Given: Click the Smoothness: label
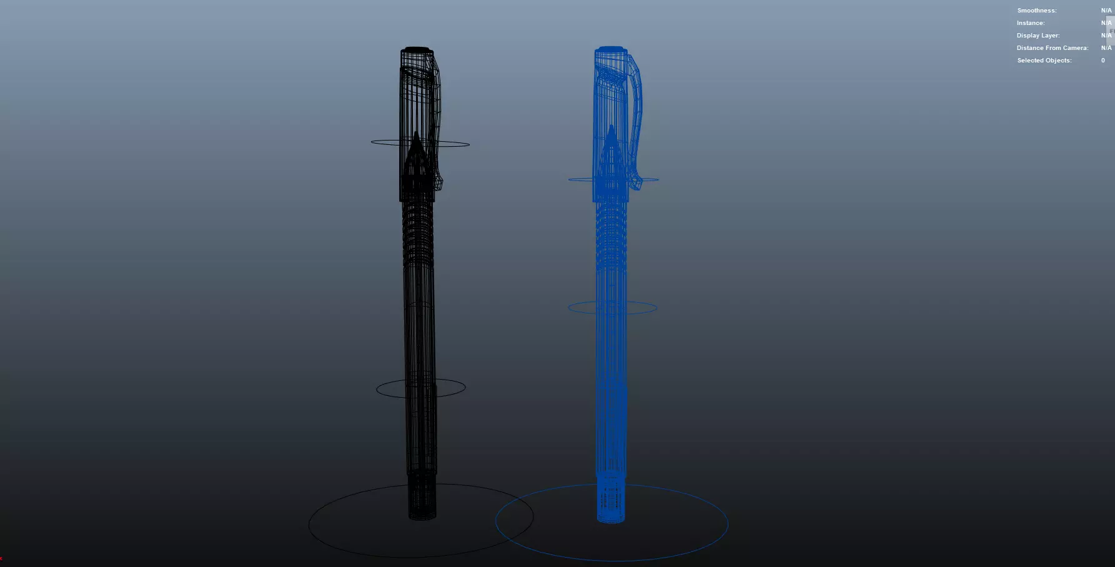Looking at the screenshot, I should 1036,11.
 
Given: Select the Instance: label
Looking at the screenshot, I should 1030,23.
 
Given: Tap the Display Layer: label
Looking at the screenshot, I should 1038,36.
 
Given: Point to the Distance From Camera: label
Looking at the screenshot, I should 1052,48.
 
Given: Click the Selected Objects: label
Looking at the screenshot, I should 1044,61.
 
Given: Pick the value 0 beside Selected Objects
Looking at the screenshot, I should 1103,61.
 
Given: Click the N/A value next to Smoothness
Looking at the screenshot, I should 1106,11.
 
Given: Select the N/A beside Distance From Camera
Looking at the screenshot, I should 1106,48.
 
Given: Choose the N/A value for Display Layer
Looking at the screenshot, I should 1106,36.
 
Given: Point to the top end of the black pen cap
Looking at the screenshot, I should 417,49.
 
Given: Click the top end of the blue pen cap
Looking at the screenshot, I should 610,48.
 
